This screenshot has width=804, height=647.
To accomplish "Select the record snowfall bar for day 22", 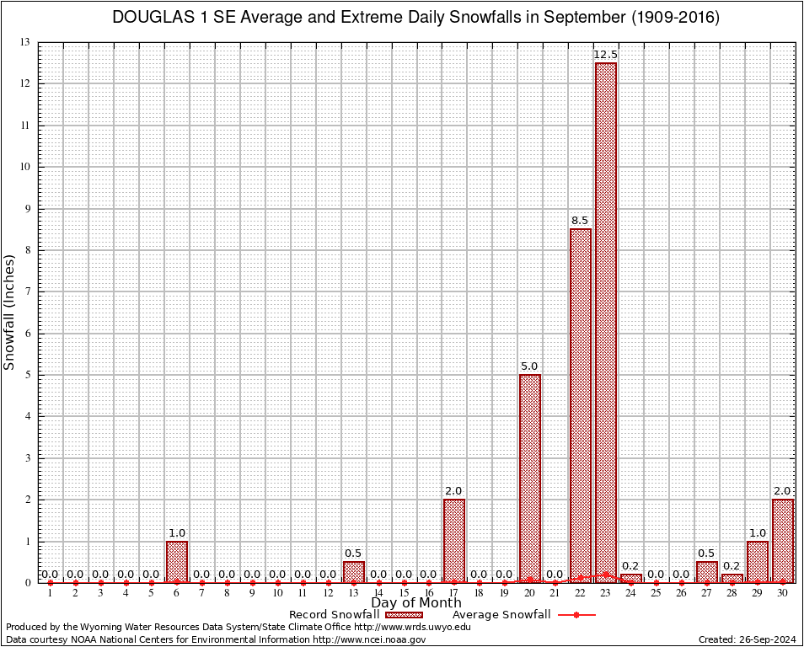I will (x=581, y=405).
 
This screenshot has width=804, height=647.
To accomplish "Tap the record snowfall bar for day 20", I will (x=530, y=479).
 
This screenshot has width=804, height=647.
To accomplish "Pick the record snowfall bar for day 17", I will (x=454, y=540).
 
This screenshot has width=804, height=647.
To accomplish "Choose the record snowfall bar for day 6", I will (x=177, y=561).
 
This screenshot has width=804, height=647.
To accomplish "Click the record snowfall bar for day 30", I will (x=783, y=540).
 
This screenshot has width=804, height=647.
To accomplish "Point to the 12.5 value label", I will (x=605, y=55).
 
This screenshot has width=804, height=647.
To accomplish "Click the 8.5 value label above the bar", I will (x=581, y=221).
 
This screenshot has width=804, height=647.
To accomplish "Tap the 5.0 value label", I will (x=530, y=366).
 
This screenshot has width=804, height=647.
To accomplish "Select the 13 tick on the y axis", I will (x=25, y=42).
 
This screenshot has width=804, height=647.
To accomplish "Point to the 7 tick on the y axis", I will (x=28, y=291).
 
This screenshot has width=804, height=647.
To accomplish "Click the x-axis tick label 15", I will (x=404, y=594).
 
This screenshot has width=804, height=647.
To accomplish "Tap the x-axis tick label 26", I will (x=681, y=594).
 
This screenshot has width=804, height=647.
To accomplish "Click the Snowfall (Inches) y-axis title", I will (x=9, y=312).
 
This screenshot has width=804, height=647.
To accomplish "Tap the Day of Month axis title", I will (x=416, y=603).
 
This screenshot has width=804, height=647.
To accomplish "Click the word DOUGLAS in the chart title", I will (x=147, y=18).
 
